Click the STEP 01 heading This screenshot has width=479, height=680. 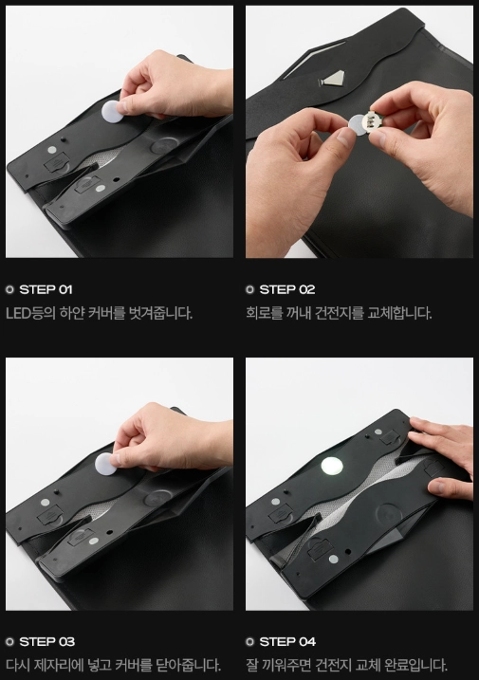click(x=46, y=289)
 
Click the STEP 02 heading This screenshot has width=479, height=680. click(x=286, y=289)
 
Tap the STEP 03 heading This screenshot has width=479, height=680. click(x=46, y=641)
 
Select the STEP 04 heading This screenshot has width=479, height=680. click(x=287, y=641)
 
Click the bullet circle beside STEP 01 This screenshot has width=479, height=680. click(x=10, y=289)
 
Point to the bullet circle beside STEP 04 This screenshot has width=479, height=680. click(x=249, y=642)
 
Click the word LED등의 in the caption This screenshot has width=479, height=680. click(x=30, y=313)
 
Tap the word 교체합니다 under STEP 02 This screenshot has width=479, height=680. click(x=399, y=313)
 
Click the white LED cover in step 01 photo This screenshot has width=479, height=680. click(x=113, y=112)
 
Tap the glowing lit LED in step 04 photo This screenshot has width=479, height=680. click(x=332, y=467)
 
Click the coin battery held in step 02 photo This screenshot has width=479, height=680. click(x=359, y=124)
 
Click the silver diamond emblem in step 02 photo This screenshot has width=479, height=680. click(x=331, y=79)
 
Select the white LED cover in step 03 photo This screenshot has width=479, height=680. click(x=105, y=463)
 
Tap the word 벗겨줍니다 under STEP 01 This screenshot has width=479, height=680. click(x=160, y=313)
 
